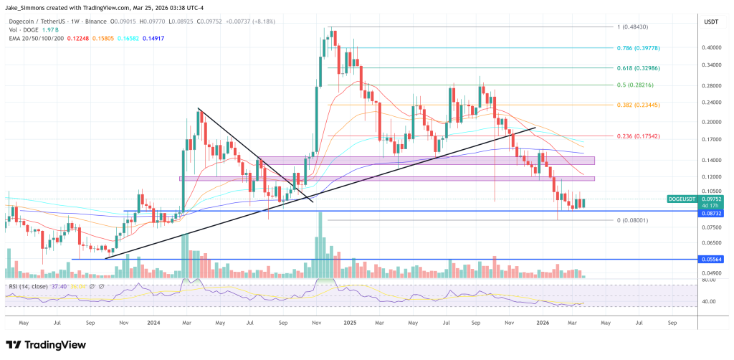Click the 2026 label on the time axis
(x=543, y=323)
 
